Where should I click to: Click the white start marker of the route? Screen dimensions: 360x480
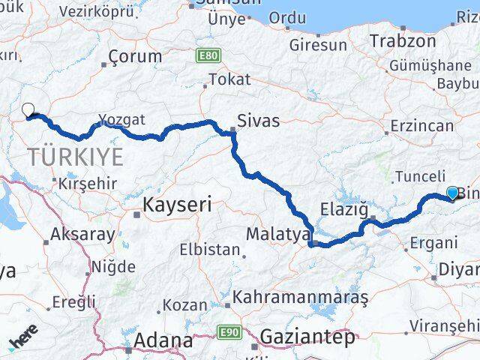28,110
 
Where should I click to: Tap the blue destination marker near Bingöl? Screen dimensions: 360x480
452,193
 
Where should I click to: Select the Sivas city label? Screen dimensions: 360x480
257,121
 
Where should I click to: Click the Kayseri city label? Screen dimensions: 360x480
177,203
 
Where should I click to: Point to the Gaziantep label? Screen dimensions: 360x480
307,338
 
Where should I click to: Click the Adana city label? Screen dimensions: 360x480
163,341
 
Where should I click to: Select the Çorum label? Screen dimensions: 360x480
135,56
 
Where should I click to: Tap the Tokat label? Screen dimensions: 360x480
229,79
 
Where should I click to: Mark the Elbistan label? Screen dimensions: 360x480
210,250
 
